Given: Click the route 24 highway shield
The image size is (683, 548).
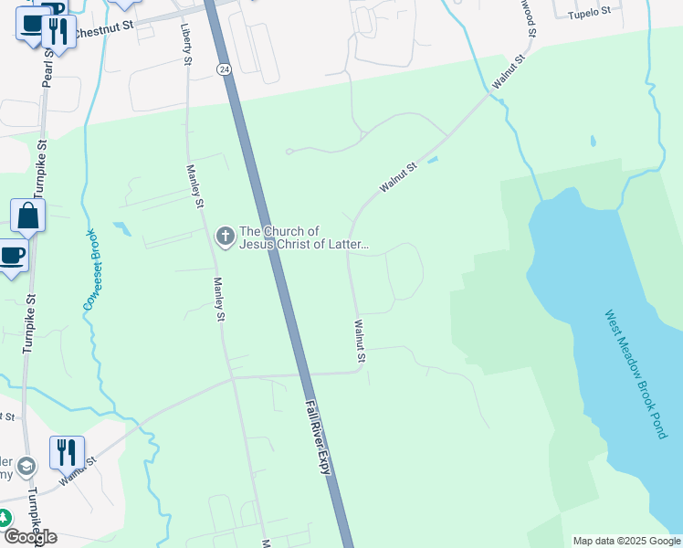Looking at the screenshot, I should pyautogui.click(x=223, y=68).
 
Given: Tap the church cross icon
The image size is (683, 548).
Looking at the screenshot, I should pyautogui.click(x=225, y=237).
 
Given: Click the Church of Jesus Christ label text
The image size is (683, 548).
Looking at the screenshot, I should pyautogui.click(x=303, y=237).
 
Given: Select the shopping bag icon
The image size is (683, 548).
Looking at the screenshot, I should pyautogui.click(x=27, y=217).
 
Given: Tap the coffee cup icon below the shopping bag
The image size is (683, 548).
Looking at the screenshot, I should pyautogui.click(x=11, y=256).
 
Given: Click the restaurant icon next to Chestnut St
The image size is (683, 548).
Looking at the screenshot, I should pyautogui.click(x=58, y=32).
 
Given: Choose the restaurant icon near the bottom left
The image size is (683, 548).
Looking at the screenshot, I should pyautogui.click(x=67, y=452).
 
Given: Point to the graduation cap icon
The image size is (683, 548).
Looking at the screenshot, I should pyautogui.click(x=28, y=467).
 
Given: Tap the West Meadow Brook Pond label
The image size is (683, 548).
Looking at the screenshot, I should pyautogui.click(x=636, y=373).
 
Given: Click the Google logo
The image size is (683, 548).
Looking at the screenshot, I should pyautogui.click(x=30, y=536).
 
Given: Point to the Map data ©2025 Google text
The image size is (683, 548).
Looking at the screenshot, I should pyautogui.click(x=626, y=541).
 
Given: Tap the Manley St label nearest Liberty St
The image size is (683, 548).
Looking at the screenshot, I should pyautogui.click(x=194, y=186).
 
